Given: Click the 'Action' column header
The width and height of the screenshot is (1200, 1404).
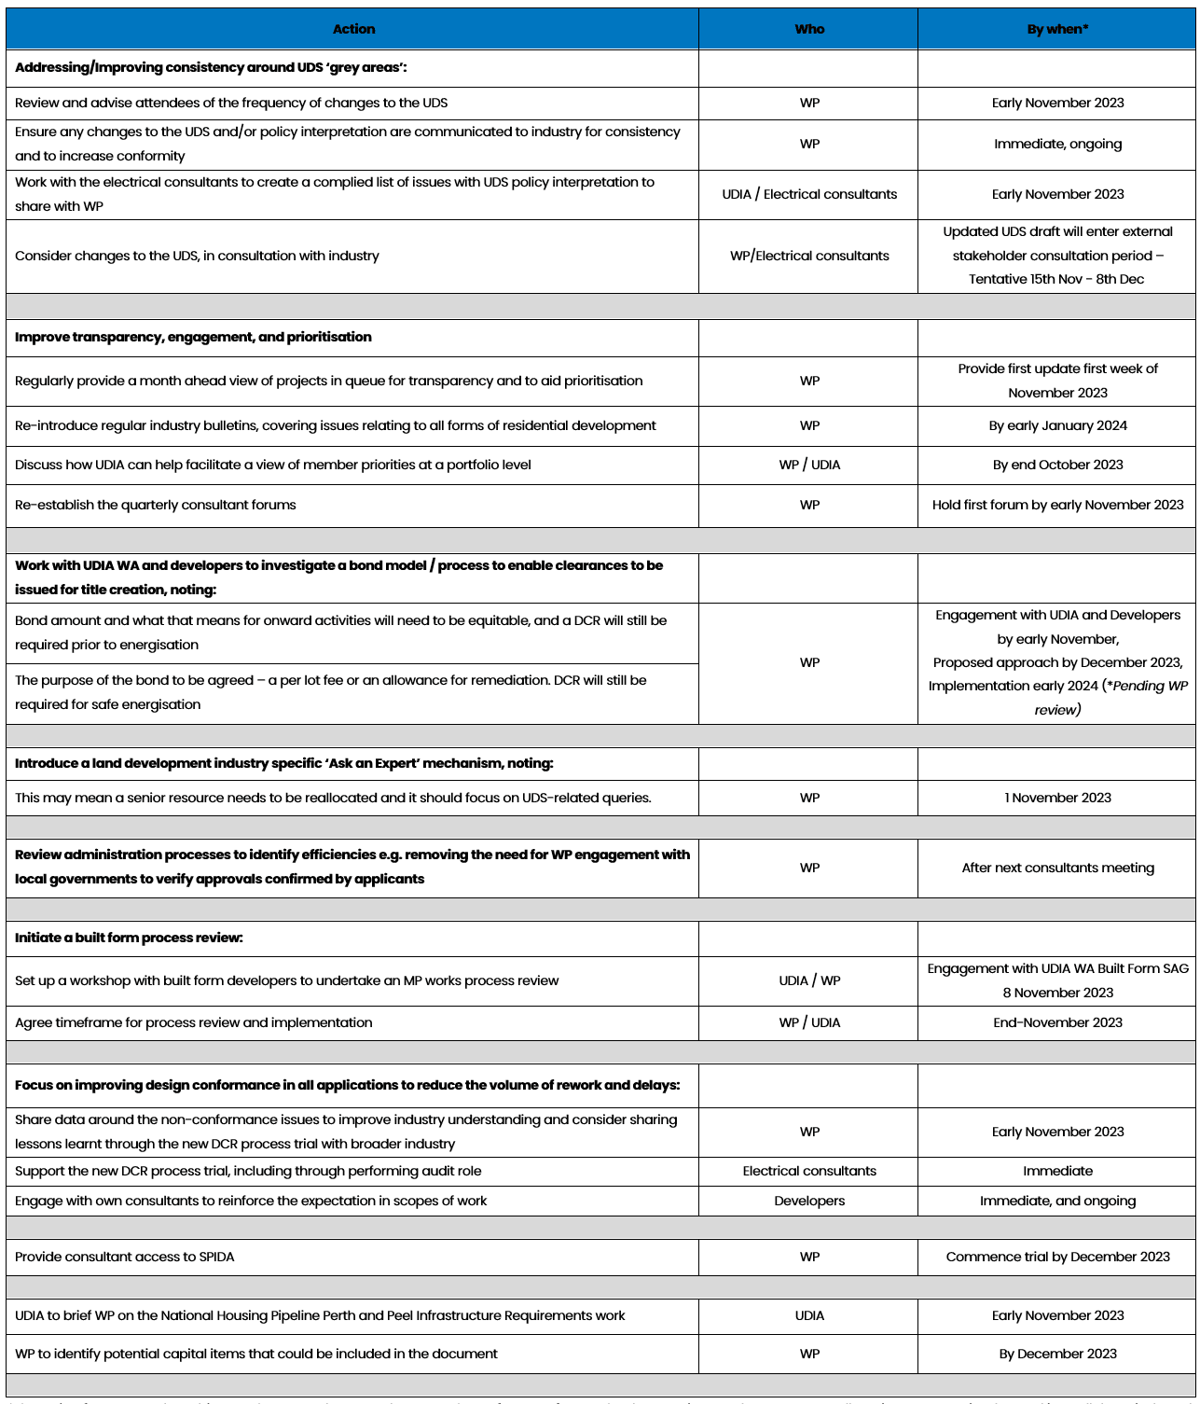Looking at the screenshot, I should [x=353, y=29].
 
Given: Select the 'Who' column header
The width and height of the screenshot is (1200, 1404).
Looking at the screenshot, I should [x=809, y=29].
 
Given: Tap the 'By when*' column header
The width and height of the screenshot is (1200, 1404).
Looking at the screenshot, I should [x=1057, y=29].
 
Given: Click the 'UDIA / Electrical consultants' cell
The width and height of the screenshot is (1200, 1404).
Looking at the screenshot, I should [x=809, y=194].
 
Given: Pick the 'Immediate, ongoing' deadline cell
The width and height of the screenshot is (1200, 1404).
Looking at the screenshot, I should [x=1057, y=144].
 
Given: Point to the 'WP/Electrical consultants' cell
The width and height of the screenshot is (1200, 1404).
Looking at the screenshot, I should [x=809, y=256].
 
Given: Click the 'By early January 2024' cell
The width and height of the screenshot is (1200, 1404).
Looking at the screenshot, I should [x=1057, y=425].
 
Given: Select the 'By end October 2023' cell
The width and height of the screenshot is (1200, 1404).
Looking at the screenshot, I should [x=1057, y=465].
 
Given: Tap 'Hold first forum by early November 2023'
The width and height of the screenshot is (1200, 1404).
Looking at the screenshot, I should [x=1057, y=505].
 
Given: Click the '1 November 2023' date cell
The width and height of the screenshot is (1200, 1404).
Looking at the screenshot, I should [x=1057, y=798].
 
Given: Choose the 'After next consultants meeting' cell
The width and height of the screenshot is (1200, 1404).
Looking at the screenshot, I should [x=1057, y=868].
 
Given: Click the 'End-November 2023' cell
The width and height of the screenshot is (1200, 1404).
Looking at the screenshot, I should [x=1057, y=1022].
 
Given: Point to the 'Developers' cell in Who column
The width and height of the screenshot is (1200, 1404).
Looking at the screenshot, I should [x=809, y=1201].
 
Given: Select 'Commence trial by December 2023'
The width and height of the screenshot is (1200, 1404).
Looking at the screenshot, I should [x=1057, y=1257].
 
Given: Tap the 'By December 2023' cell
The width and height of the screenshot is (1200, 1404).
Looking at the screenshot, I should [x=1057, y=1354].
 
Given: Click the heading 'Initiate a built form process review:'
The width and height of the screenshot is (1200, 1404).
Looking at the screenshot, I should [x=129, y=938].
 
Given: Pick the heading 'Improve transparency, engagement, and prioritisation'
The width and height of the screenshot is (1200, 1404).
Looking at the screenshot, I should [x=193, y=337].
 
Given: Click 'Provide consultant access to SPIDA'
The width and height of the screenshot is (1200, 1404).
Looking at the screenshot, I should [x=125, y=1257].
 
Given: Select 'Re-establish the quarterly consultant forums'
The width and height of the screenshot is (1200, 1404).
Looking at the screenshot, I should [x=156, y=505].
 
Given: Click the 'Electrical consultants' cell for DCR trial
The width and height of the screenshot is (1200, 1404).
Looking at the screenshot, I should [x=809, y=1171].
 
